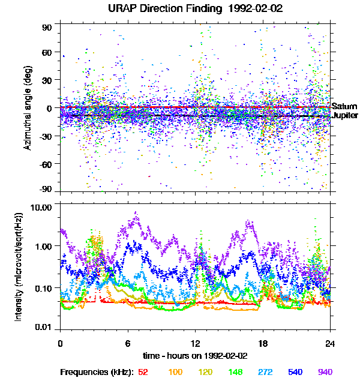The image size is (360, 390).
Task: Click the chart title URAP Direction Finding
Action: pyautogui.click(x=180, y=9)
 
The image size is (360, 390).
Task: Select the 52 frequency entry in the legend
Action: pyautogui.click(x=143, y=372)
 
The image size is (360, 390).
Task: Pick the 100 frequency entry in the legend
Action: pyautogui.click(x=175, y=372)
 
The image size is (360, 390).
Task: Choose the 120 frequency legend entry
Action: pyautogui.click(x=208, y=372)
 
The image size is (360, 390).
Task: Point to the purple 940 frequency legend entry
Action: pyautogui.click(x=325, y=372)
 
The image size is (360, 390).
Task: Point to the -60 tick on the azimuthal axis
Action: pyautogui.click(x=46, y=163)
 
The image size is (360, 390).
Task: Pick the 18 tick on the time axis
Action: pyautogui.click(x=263, y=344)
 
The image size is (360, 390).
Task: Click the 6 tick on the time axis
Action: pyautogui.click(x=128, y=344)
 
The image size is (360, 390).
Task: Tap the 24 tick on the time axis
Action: pyautogui.click(x=330, y=344)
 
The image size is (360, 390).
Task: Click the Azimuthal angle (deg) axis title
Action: pyautogui.click(x=28, y=109)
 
